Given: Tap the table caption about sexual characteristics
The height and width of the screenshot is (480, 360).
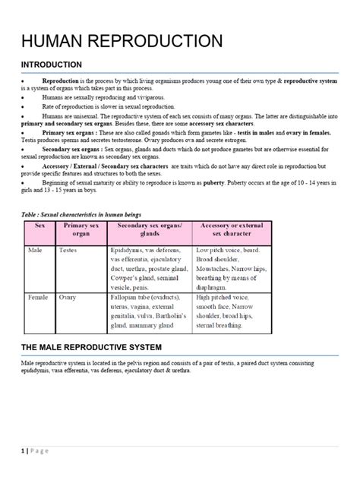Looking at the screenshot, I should [81, 215].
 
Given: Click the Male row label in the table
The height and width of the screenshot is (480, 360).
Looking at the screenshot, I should [36, 248].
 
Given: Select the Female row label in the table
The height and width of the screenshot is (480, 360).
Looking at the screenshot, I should [39, 298].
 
